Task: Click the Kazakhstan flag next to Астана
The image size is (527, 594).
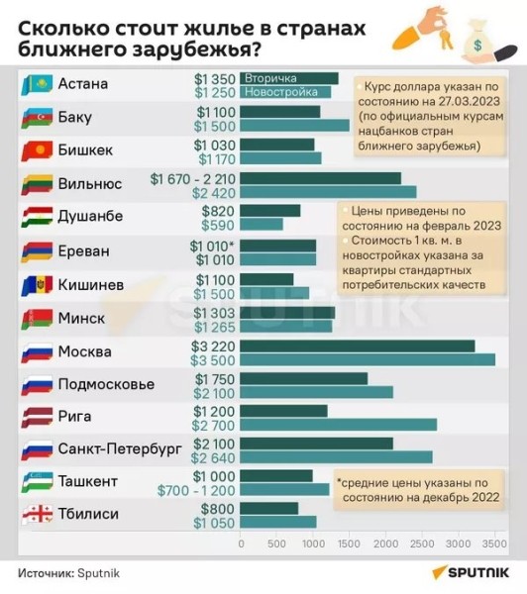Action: (x=37, y=84)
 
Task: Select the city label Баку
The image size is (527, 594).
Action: (x=75, y=117)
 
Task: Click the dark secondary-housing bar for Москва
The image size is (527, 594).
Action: (x=358, y=345)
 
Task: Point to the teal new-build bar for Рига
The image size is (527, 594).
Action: (x=338, y=425)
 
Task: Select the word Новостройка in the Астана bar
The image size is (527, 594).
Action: (x=278, y=92)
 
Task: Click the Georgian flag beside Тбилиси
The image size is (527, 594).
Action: (x=37, y=514)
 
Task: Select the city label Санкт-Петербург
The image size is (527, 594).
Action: (x=120, y=448)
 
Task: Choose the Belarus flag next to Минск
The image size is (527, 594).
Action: (x=37, y=319)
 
